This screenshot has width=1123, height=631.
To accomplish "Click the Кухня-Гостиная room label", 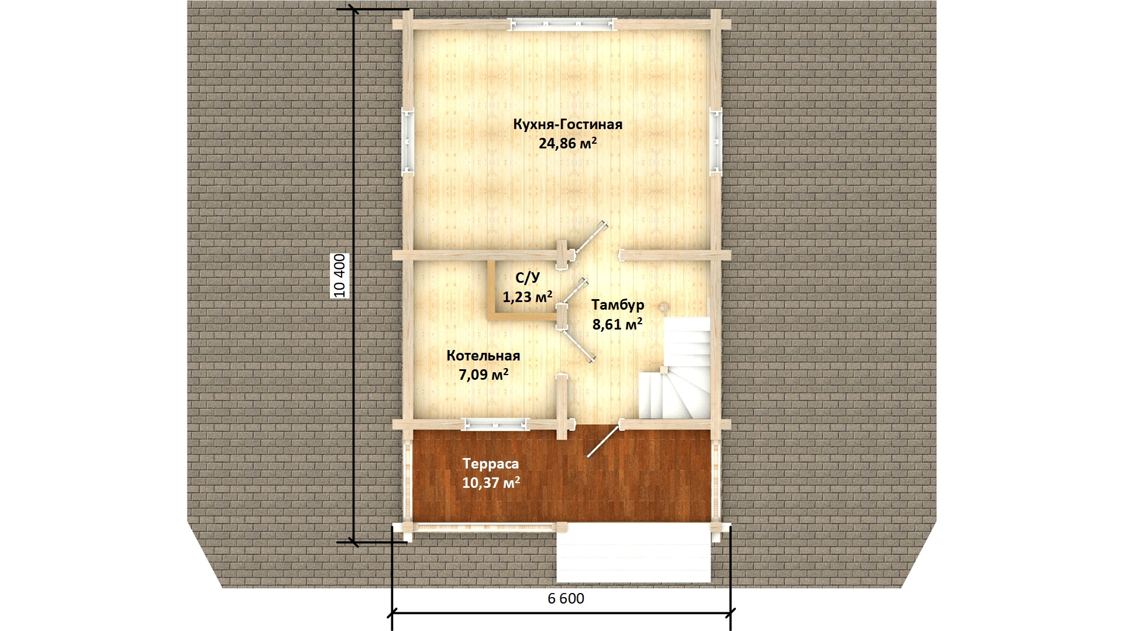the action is point(567,124).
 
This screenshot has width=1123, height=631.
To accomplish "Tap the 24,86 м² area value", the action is point(567,143).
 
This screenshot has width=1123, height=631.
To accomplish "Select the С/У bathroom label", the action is point(528,278).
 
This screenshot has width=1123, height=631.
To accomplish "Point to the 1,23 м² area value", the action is point(528,297).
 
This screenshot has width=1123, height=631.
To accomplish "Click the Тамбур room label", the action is point(618,305).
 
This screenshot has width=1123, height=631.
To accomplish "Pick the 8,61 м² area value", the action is point(618,324).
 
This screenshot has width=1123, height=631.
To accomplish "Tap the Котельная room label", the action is point(483,356).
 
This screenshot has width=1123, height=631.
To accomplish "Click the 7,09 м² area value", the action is point(483,375).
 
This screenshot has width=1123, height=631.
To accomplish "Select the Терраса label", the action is point(491,464).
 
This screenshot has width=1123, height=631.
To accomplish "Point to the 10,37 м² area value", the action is point(491,483).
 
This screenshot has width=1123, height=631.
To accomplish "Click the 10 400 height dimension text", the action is point(340,276).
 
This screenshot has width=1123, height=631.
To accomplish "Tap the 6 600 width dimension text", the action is point(566,598).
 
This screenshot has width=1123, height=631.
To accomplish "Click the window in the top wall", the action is point(562,24).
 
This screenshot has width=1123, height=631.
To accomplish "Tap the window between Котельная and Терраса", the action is point(495,425).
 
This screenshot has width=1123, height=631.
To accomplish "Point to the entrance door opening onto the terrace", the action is point(603,440).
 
